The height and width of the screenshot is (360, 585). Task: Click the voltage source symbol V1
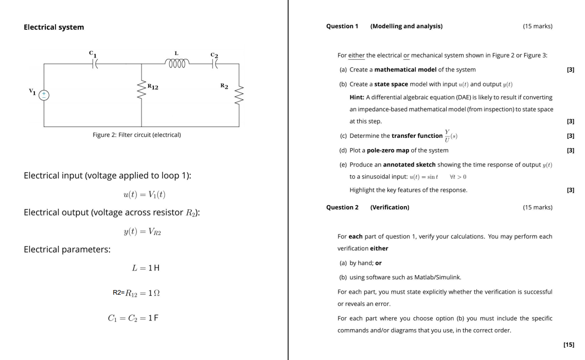[x=44, y=95]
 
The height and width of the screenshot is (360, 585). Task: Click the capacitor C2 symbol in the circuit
[x=215, y=63]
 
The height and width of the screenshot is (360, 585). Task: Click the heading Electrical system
[x=54, y=27]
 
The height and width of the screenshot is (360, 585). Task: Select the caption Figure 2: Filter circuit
[x=136, y=135]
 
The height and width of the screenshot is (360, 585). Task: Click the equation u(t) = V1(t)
[x=144, y=194]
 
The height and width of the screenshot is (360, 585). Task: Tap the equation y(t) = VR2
[x=143, y=231]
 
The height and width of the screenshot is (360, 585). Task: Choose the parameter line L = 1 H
[x=146, y=268]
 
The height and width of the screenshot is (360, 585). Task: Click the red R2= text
[x=118, y=293]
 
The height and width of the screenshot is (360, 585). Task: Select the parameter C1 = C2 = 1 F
[x=133, y=318]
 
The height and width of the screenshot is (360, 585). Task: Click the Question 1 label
[x=342, y=26]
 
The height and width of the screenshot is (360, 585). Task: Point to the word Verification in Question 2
[x=389, y=207]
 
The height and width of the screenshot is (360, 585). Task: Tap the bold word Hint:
[x=357, y=97]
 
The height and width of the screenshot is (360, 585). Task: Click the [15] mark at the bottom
[x=569, y=344]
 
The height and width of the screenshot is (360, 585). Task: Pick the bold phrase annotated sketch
[x=409, y=165]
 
